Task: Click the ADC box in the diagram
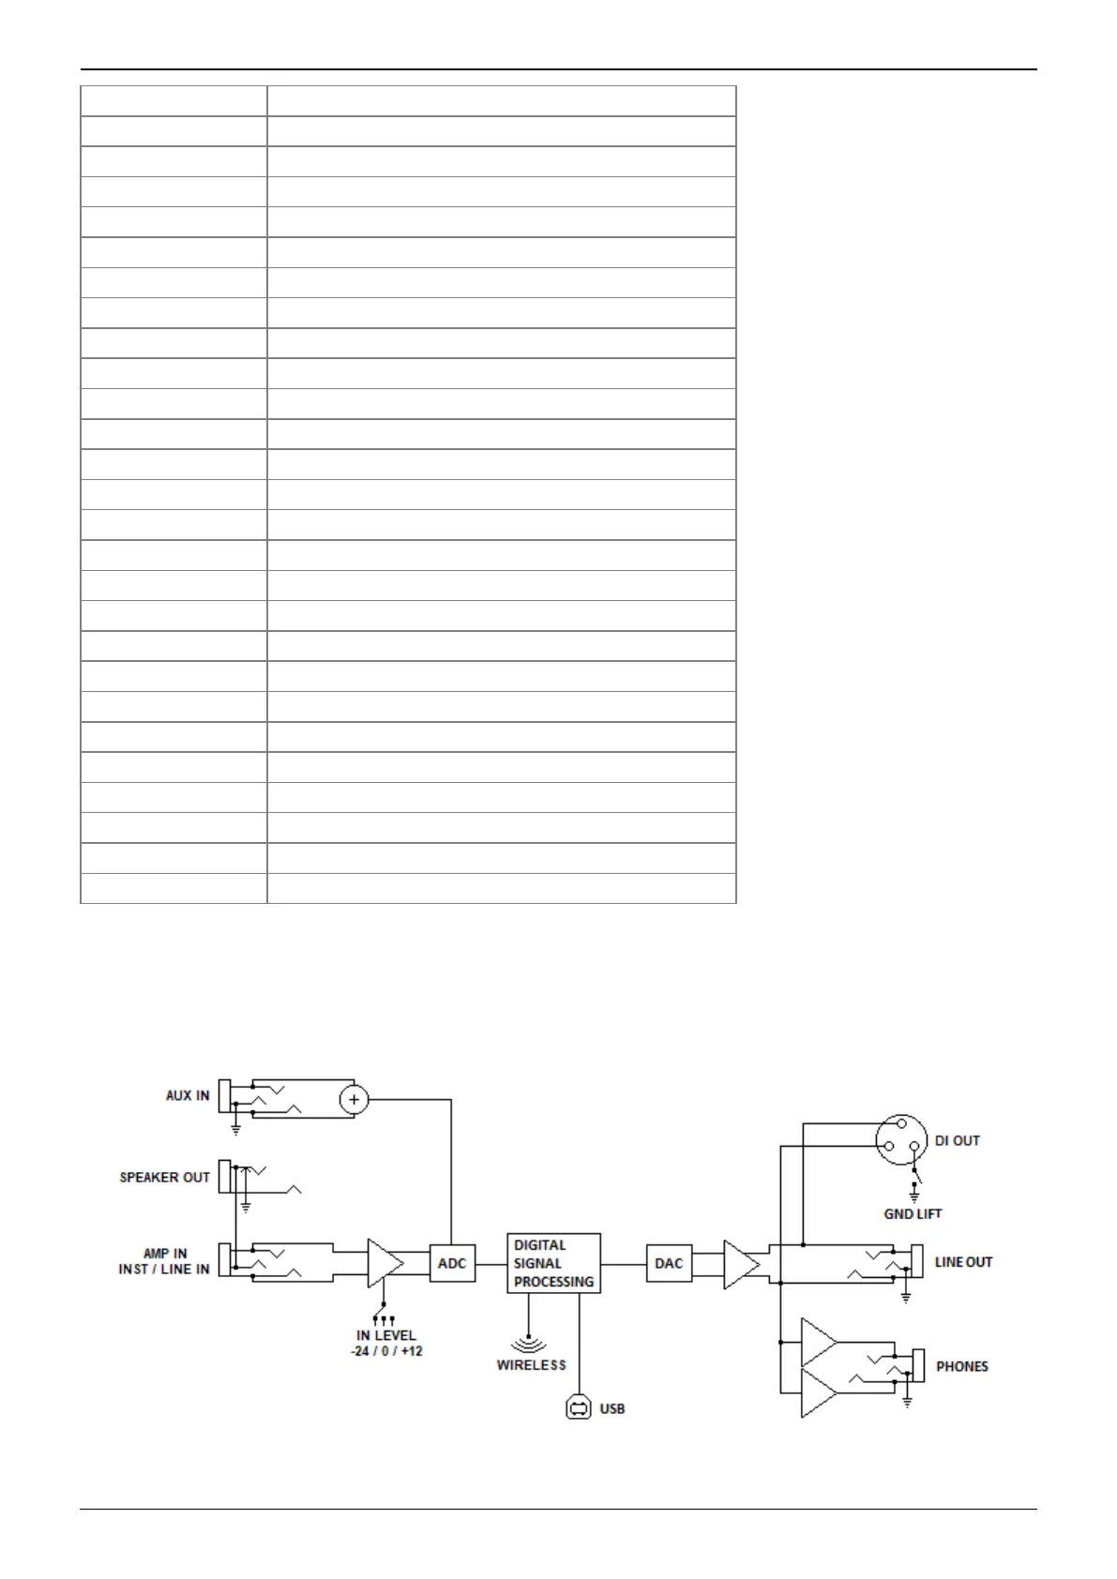451,1263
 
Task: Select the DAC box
669,1263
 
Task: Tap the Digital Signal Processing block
553,1263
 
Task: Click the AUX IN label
188,1095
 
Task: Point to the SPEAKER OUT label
164,1178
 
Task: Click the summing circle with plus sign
354,1100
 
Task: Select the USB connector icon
580,1407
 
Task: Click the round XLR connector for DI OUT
901,1139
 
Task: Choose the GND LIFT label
913,1213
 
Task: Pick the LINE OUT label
963,1262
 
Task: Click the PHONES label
962,1366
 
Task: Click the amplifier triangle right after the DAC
740,1264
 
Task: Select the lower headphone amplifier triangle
818,1391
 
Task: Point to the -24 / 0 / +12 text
386,1351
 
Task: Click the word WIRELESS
532,1365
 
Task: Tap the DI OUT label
957,1140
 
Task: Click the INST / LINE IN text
164,1270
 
